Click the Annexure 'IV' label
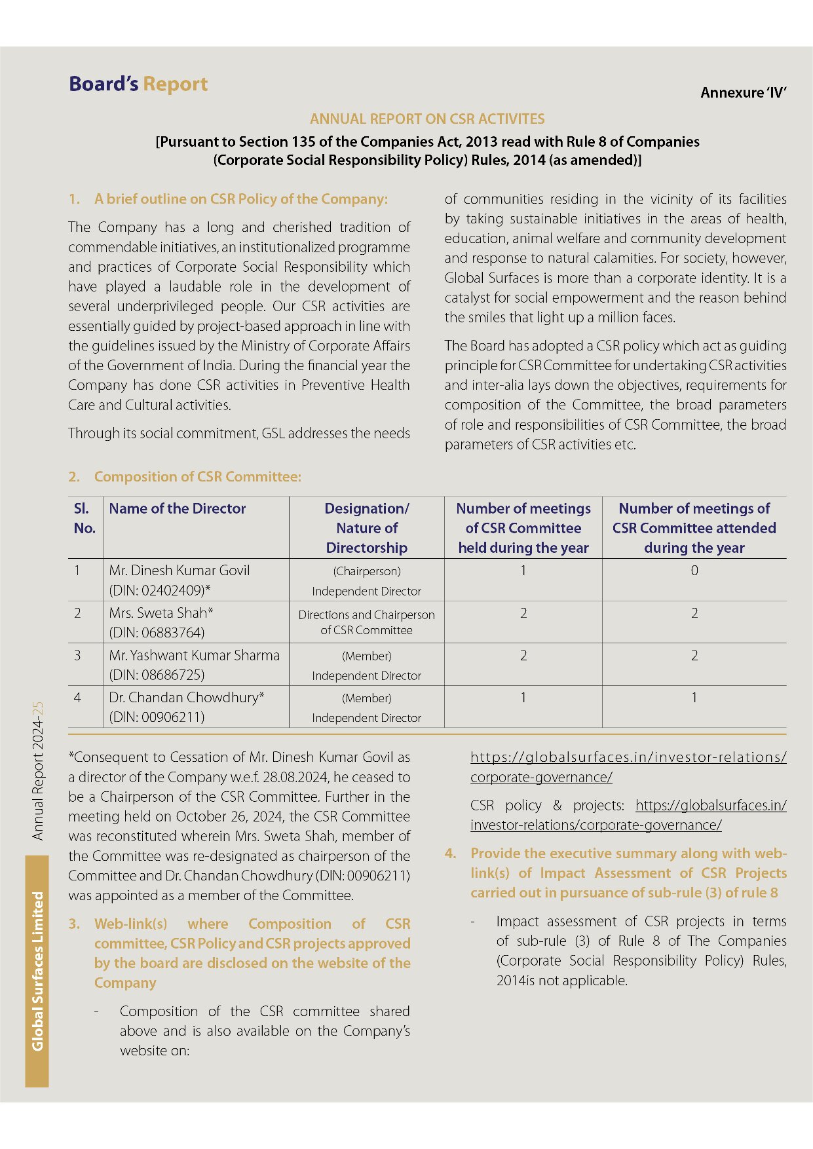tap(743, 93)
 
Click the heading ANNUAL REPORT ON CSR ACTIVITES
tap(427, 119)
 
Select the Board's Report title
tap(138, 85)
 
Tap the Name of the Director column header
tap(177, 509)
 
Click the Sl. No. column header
tap(85, 518)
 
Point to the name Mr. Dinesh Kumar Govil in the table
tap(179, 571)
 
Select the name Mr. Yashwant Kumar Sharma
tap(194, 656)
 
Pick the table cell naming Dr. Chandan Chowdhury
tap(186, 698)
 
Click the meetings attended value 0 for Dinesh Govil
tap(694, 571)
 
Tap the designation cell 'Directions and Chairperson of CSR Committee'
tap(366, 622)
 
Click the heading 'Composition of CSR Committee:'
tap(197, 477)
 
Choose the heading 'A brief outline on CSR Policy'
tap(240, 199)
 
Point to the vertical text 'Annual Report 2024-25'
tap(38, 771)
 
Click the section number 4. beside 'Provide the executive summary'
tap(451, 854)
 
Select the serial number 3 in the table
tap(77, 656)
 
